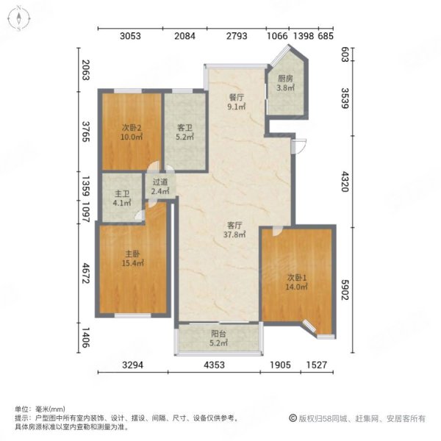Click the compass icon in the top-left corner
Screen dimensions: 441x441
point(18,18)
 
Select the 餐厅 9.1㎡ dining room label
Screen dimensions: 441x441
point(236,101)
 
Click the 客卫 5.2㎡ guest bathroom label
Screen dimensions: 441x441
point(184,131)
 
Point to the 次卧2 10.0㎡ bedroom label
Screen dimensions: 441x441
point(131,131)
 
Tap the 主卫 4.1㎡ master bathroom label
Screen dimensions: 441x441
point(122,198)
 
